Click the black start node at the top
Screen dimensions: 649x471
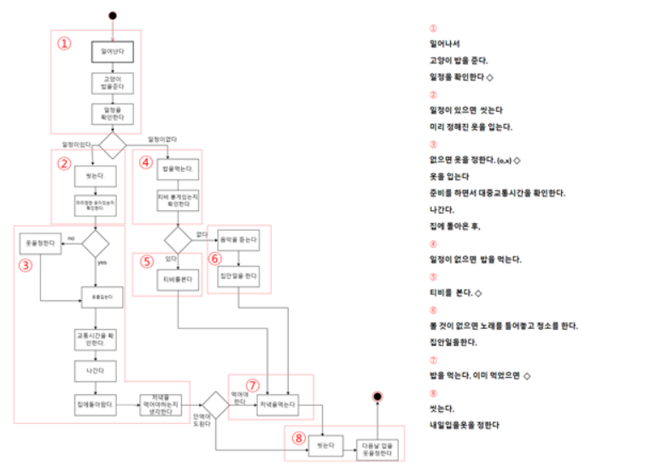[x=112, y=14]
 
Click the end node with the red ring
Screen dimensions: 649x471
[x=377, y=397]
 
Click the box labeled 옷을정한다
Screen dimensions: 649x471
[x=40, y=243]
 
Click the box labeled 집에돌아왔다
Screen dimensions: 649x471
[x=96, y=405]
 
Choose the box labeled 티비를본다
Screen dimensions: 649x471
[x=178, y=280]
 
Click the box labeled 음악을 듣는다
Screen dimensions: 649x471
[x=238, y=241]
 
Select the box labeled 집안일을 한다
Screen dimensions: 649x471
[x=238, y=276]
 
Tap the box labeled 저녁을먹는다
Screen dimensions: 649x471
[x=278, y=405]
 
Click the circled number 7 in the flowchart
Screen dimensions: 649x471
[x=252, y=386]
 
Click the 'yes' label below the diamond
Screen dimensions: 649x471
[x=102, y=262]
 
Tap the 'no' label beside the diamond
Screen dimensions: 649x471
[x=72, y=237]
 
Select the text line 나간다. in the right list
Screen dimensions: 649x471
[x=442, y=209]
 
